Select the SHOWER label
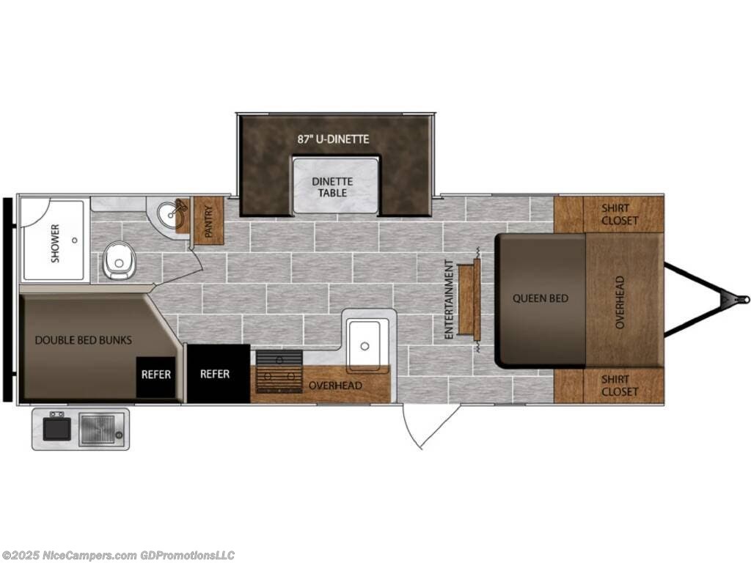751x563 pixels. point(55,243)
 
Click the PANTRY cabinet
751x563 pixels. point(208,220)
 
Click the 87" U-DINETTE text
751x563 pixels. point(334,139)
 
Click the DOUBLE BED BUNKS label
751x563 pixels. point(84,340)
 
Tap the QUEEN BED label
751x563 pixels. point(541,298)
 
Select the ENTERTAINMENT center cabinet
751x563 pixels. point(469,299)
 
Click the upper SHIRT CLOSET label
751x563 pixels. point(620,215)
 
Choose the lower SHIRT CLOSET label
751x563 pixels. point(620,386)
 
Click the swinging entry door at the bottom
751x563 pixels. point(422,426)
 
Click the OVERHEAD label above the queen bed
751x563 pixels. point(620,301)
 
